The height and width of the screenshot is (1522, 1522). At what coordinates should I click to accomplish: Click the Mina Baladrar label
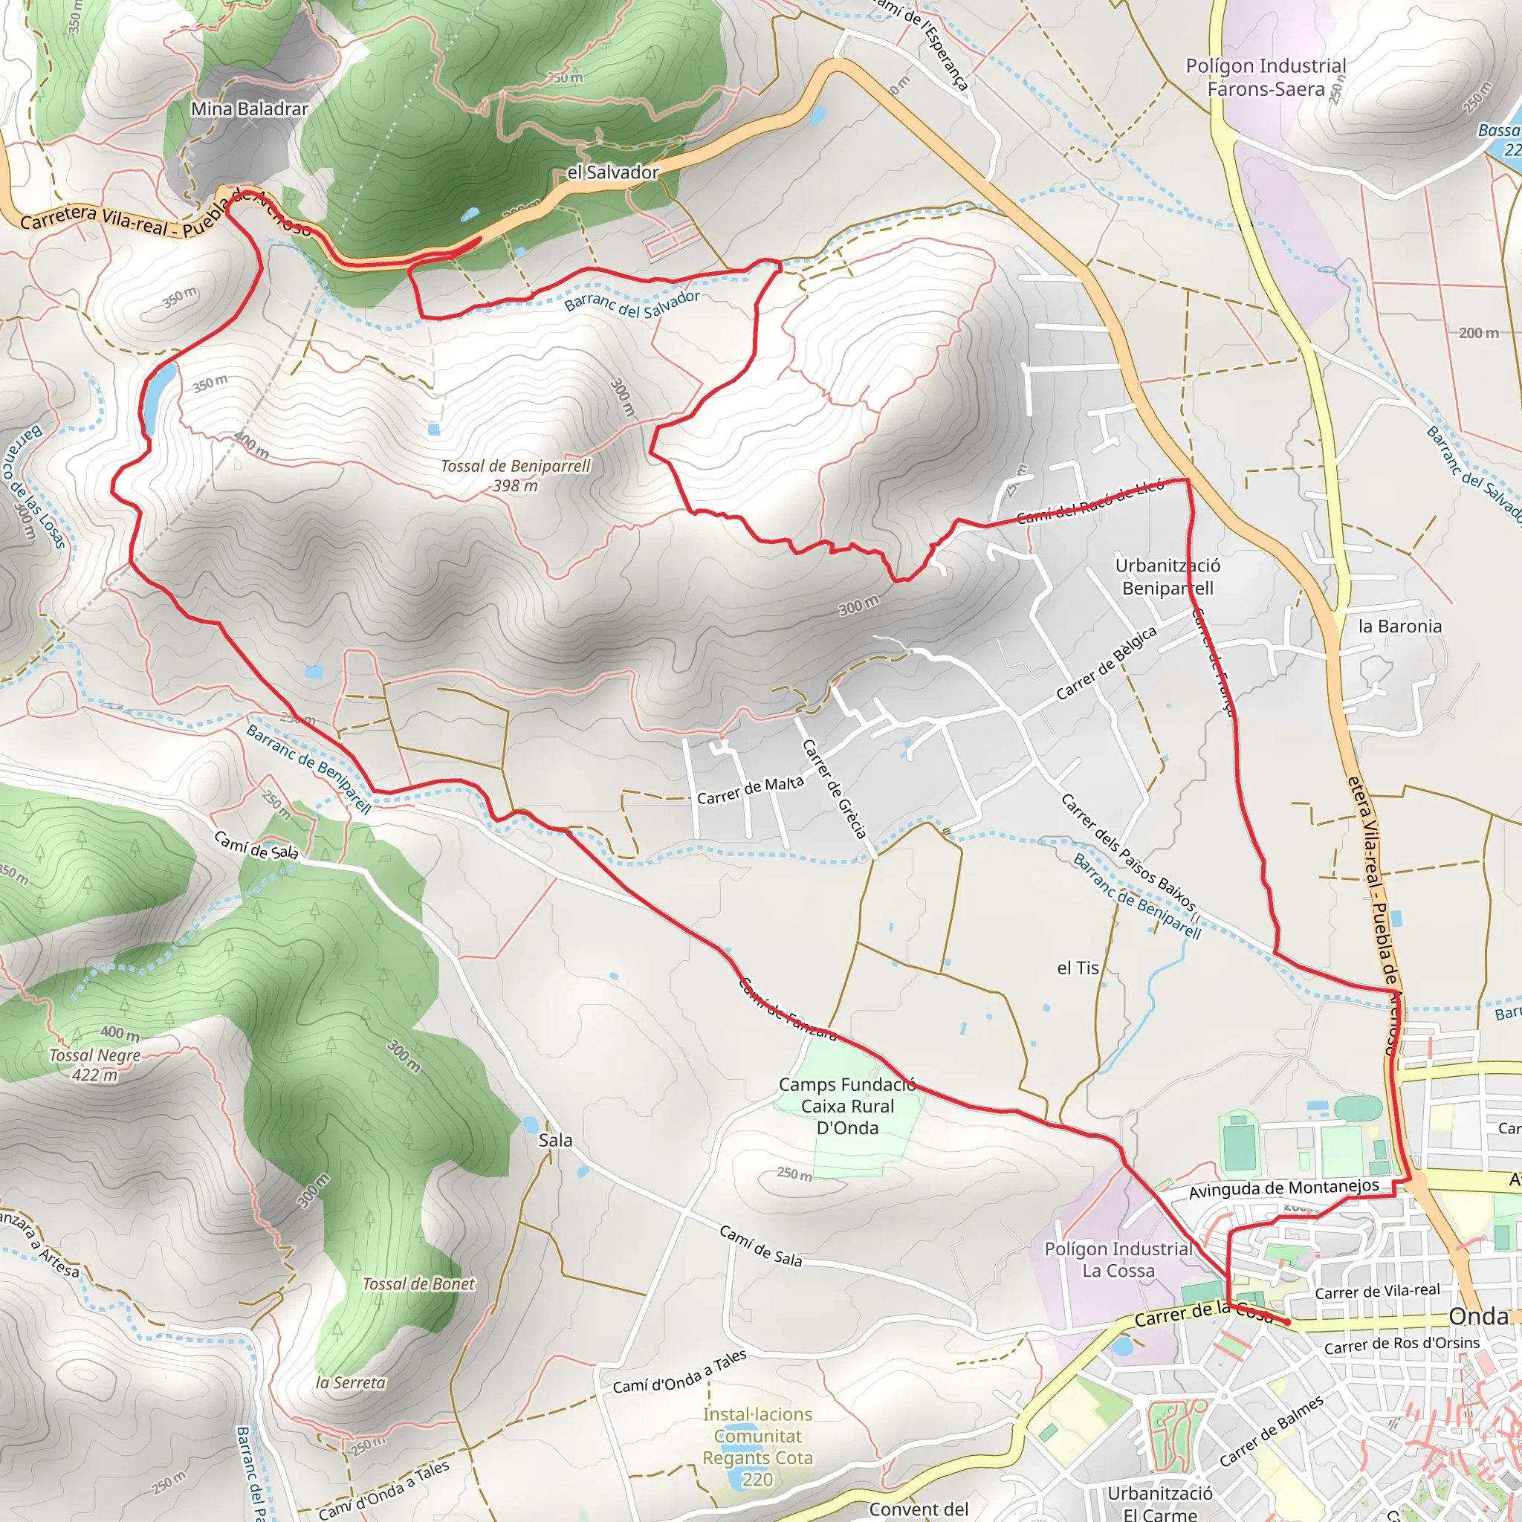250,109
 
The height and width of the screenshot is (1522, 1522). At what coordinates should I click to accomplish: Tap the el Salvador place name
612,172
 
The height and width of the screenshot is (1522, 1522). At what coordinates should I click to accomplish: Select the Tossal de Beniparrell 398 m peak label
515,475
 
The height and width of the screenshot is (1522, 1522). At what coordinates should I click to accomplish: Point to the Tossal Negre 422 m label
94,1064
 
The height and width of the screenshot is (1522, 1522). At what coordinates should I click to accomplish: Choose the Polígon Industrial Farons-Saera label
1265,77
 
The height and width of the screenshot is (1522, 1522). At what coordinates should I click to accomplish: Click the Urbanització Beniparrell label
1167,577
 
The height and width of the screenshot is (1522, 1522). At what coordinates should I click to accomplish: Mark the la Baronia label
1399,626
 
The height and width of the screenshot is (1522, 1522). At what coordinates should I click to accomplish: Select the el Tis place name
1077,968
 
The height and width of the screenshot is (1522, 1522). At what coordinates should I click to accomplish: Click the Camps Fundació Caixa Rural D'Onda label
847,1105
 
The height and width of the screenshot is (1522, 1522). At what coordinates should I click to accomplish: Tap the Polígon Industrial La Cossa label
1118,1259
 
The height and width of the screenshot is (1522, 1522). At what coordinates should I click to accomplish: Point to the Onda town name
1479,1316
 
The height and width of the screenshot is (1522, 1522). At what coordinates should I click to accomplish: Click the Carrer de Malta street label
750,790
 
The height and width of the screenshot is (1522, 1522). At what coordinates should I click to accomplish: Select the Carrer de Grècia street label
835,788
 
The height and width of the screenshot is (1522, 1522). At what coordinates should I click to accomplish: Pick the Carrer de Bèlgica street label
1106,664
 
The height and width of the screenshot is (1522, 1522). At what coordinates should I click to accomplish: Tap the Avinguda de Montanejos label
1283,1189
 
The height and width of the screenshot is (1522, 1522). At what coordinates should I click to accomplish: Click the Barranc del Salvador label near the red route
632,305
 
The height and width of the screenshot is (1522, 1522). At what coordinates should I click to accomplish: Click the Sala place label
555,1140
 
